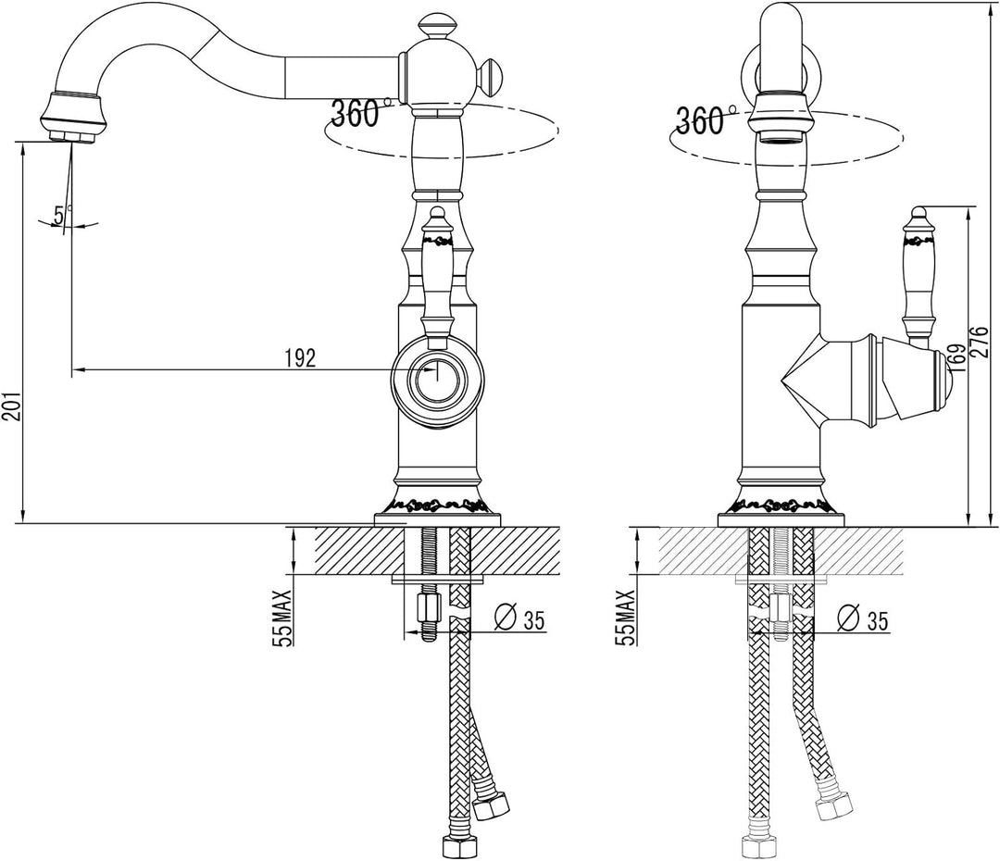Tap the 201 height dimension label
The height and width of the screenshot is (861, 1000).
click(x=12, y=405)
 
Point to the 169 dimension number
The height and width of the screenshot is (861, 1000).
click(x=956, y=357)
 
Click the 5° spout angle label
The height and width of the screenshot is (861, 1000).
click(x=60, y=215)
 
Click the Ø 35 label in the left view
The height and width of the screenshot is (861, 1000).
click(x=520, y=618)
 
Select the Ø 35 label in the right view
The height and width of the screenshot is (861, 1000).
click(x=863, y=618)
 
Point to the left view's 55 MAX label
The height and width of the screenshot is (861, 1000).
click(x=281, y=618)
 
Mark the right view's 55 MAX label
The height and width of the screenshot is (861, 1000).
click(x=627, y=618)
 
